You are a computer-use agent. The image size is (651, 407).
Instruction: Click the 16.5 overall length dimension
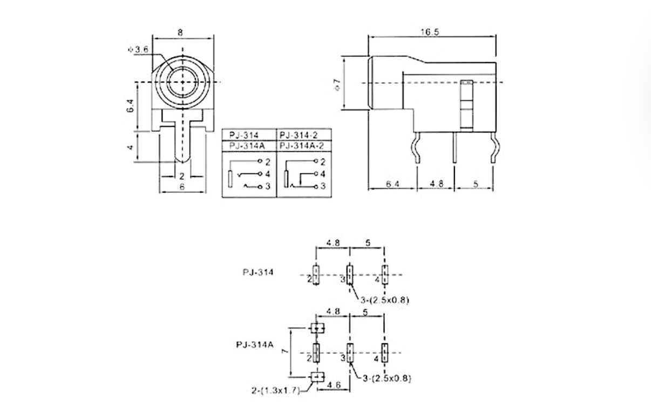[430, 32]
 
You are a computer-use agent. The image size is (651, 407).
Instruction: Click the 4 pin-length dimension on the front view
[131, 147]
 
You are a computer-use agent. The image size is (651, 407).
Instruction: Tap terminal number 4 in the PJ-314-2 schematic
[323, 174]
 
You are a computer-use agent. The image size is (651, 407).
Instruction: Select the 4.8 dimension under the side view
[436, 184]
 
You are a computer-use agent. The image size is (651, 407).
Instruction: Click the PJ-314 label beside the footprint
[257, 272]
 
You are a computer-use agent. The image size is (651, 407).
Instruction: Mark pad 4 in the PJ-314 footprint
[384, 275]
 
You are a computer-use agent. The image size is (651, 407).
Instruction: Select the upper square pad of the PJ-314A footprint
[316, 328]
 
